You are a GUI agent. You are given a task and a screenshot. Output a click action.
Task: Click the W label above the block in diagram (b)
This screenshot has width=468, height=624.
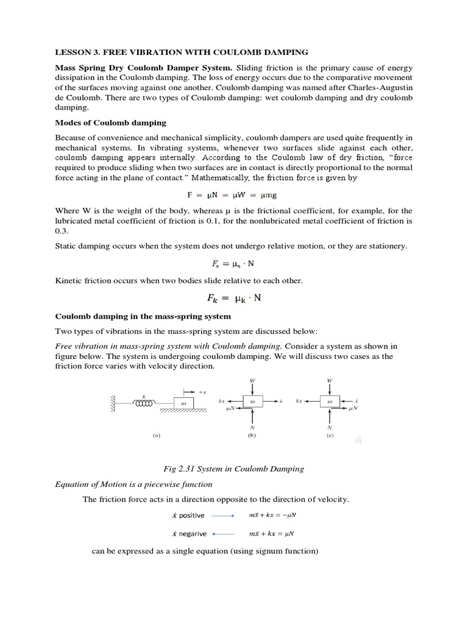252,381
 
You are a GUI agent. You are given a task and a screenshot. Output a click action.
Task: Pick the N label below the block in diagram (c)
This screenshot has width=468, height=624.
330,427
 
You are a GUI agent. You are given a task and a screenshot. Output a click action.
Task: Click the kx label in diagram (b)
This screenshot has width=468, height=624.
222,402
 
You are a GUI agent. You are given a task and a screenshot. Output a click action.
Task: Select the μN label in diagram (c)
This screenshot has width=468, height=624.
353,409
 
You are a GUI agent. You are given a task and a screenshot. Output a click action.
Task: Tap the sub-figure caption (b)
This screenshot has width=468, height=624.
252,436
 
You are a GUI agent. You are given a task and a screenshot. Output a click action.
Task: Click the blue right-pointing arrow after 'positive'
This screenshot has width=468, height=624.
222,516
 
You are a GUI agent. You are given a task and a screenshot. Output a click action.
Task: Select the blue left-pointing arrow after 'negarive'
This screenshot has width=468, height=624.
222,534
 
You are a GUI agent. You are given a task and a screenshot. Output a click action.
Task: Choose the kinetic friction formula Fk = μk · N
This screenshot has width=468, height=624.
234,299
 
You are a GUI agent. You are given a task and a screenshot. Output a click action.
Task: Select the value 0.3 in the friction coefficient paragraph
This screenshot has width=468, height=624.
61,231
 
